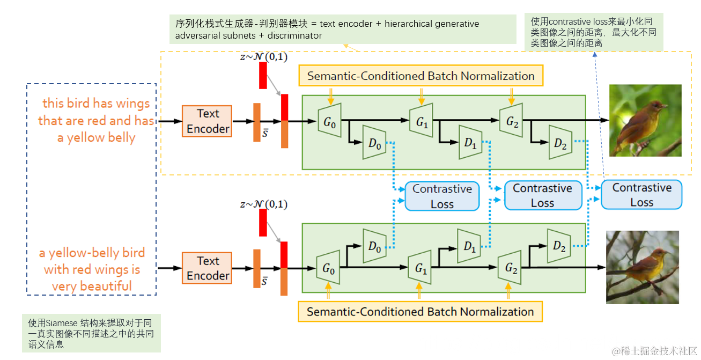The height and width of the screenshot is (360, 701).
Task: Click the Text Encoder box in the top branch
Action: point(208,121)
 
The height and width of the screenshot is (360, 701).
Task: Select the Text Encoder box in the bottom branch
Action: point(208,268)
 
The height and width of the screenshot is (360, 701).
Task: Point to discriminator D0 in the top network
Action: point(374,143)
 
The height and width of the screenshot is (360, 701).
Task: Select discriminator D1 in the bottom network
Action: point(470,246)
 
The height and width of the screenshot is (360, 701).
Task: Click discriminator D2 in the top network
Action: point(560,143)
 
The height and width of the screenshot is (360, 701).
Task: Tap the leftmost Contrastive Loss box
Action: point(442,196)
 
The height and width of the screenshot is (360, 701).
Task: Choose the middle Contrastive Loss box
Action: point(542,195)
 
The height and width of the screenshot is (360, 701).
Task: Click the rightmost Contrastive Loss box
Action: point(641,195)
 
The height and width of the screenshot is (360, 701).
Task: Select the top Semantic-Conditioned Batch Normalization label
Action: point(421,76)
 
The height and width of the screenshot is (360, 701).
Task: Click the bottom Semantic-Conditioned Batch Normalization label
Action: point(420,312)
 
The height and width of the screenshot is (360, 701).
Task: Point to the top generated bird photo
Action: point(645,120)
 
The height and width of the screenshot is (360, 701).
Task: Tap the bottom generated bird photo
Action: point(642,267)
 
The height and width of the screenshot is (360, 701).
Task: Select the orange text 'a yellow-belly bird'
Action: point(92,253)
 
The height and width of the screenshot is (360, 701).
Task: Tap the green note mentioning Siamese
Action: point(91,333)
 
